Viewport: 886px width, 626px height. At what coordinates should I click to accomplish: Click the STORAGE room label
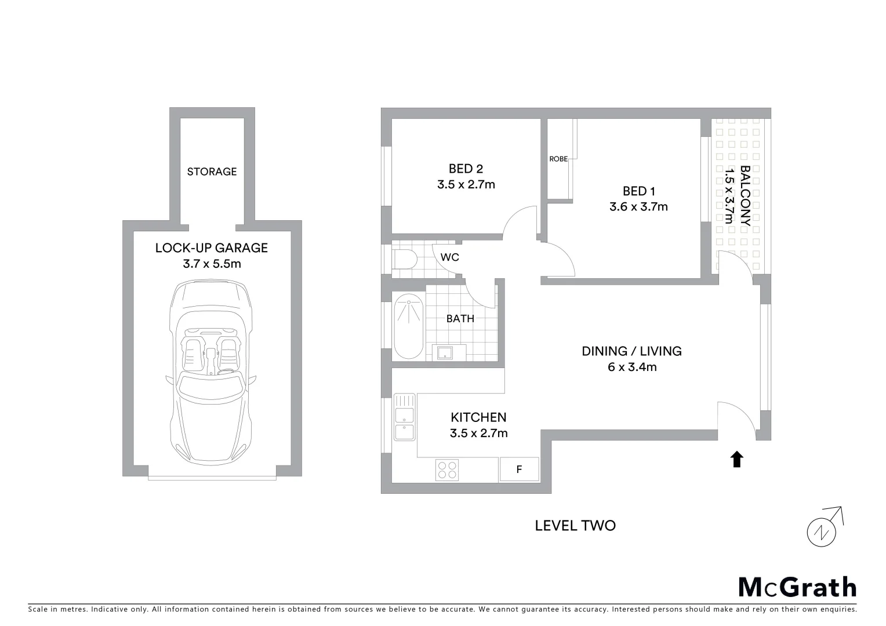click(212, 172)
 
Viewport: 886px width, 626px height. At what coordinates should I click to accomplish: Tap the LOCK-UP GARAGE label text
click(212, 248)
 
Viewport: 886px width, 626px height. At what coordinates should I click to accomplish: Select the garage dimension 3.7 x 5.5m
click(212, 264)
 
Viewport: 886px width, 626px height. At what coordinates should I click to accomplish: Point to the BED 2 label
click(466, 169)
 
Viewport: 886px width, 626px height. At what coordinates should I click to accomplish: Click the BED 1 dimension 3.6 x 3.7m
click(638, 206)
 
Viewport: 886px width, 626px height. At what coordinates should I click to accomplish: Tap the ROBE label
click(558, 159)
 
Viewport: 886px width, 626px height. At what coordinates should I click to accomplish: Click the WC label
click(450, 257)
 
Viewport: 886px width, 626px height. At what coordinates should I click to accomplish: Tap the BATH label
click(460, 319)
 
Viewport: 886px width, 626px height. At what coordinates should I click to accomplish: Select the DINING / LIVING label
click(631, 351)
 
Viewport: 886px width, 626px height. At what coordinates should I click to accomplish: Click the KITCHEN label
click(478, 417)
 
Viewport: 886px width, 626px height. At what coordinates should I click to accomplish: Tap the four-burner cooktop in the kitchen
click(447, 469)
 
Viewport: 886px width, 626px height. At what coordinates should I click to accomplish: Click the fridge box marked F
click(519, 469)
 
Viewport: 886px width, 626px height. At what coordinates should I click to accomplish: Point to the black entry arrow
click(736, 459)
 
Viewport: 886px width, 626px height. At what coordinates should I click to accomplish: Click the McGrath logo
click(797, 587)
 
